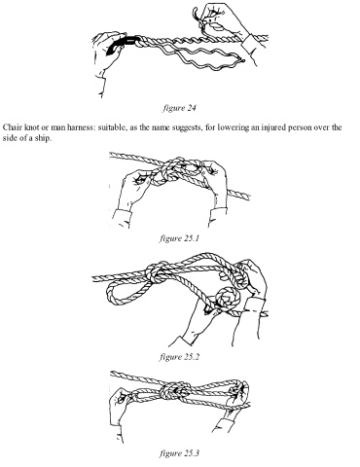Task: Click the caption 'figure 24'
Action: pyautogui.click(x=179, y=108)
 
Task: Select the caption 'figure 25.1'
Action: pyautogui.click(x=179, y=238)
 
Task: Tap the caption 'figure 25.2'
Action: pyautogui.click(x=179, y=357)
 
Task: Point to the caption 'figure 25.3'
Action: pyautogui.click(x=179, y=452)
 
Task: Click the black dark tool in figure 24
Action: pyautogui.click(x=121, y=45)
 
